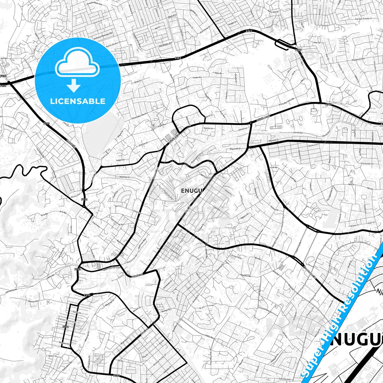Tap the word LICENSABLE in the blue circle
(x=78, y=101)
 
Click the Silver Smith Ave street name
(x=68, y=320)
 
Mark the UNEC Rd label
(x=209, y=337)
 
